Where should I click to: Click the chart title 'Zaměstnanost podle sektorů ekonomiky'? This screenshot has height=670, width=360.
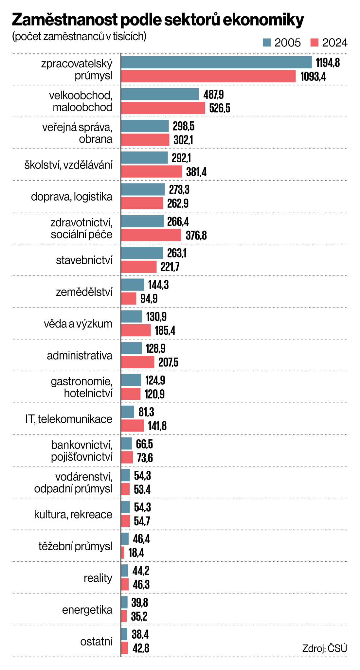click(158, 20)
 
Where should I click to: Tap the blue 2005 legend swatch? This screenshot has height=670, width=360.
click(267, 43)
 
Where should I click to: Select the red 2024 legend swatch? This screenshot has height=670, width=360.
click(315, 43)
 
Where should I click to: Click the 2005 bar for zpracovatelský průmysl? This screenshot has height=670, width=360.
click(216, 62)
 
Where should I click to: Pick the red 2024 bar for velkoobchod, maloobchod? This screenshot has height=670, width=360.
click(163, 108)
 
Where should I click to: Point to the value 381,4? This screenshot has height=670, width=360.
click(196, 172)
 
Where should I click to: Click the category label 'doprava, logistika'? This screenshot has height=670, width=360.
click(72, 197)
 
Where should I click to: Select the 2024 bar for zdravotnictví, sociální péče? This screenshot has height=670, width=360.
click(151, 235)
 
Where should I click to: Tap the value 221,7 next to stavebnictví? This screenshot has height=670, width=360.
click(170, 267)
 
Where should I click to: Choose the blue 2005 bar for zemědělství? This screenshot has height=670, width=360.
click(133, 285)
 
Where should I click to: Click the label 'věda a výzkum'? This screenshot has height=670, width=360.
click(78, 324)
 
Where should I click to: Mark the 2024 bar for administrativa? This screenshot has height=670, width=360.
click(137, 362)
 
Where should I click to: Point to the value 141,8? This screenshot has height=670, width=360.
click(157, 426)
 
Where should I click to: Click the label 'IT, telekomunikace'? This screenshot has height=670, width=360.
click(69, 419)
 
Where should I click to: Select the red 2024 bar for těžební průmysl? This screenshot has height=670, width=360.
click(123, 553)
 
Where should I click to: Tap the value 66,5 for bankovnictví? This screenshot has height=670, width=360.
click(144, 444)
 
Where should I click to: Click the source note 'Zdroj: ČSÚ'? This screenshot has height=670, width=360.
click(324, 648)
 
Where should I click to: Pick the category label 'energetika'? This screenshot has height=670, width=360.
click(87, 610)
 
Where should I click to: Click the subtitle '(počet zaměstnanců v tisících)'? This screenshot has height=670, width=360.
click(79, 36)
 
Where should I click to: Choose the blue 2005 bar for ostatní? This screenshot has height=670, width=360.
click(124, 634)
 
